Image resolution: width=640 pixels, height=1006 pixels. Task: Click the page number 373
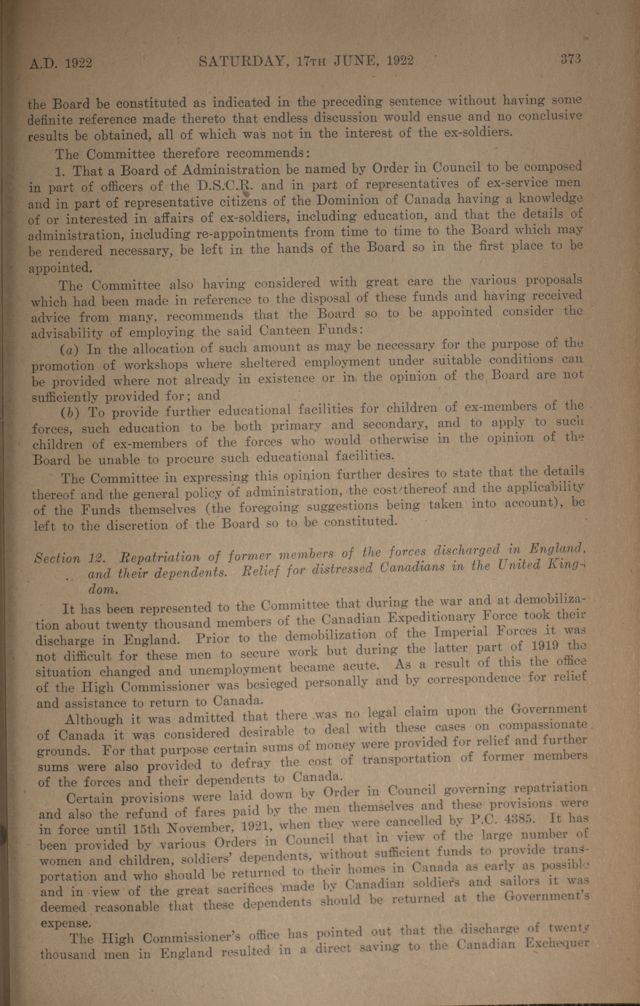pos(571,60)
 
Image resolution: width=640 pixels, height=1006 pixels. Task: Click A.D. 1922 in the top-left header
pos(61,63)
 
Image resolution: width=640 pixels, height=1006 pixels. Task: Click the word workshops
pos(156,365)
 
